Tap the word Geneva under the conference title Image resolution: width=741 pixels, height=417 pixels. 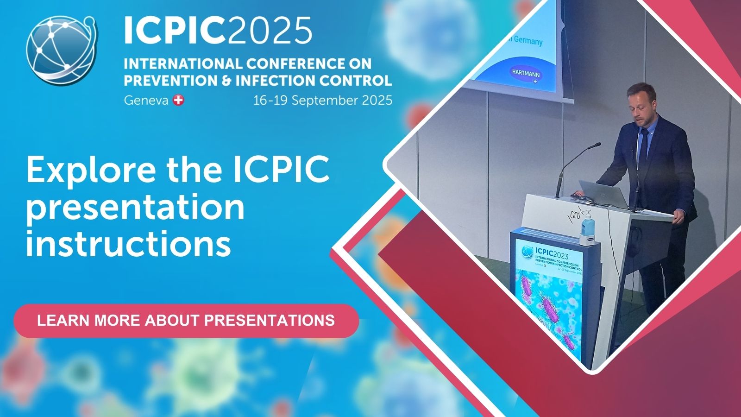pyautogui.click(x=146, y=100)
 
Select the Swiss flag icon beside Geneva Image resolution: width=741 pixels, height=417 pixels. pyautogui.click(x=178, y=100)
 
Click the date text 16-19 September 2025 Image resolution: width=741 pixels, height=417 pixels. pyautogui.click(x=322, y=100)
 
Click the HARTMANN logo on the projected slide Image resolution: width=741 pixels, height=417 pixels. pyautogui.click(x=525, y=74)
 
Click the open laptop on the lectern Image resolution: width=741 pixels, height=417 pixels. pyautogui.click(x=602, y=192)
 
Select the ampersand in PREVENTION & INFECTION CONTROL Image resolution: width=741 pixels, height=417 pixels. pyautogui.click(x=226, y=81)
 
